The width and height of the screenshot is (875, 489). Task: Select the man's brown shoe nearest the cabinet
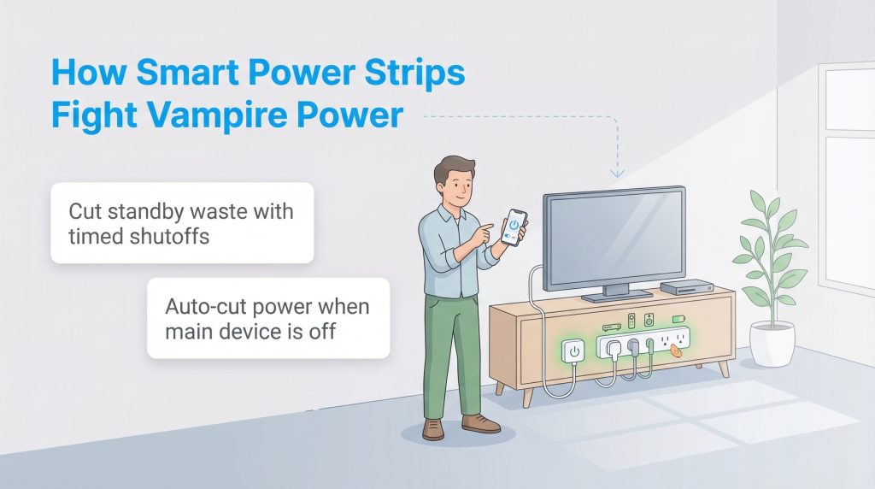point(479,423)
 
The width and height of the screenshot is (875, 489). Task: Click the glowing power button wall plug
point(573,351)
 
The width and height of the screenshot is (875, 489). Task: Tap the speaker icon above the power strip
point(649,321)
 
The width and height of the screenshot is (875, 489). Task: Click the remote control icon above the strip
point(631,321)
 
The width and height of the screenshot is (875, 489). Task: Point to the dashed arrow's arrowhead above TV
point(617,174)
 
